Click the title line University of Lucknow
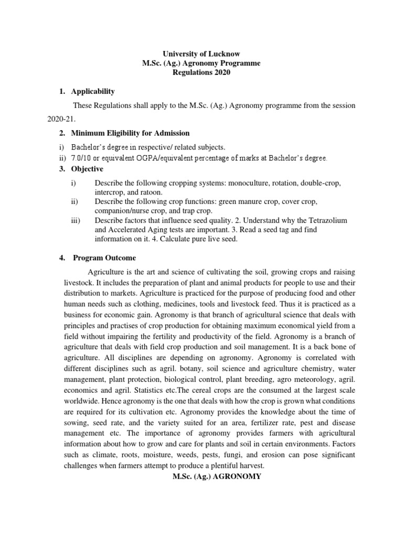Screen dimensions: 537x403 (x=201, y=54)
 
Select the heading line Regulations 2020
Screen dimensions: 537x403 (x=201, y=72)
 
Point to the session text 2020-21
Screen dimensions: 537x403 (x=61, y=120)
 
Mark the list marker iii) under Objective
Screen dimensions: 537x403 (x=75, y=220)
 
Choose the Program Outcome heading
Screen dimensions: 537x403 (x=104, y=258)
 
